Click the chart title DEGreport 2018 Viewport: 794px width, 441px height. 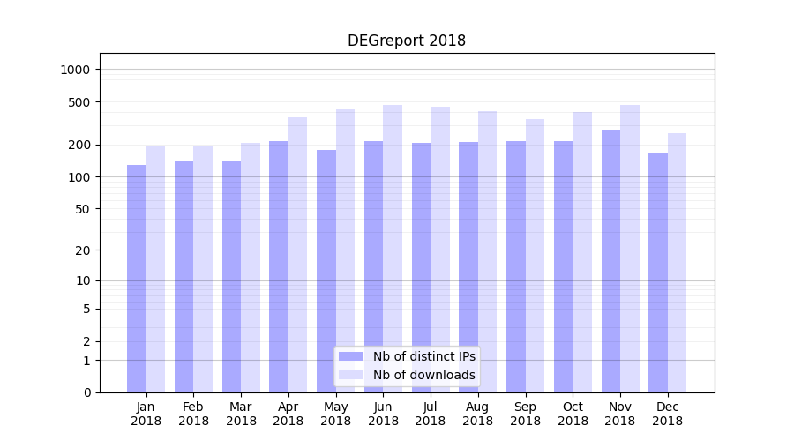(406, 41)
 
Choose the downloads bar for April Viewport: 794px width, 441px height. (297, 255)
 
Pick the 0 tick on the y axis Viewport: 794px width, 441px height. (87, 392)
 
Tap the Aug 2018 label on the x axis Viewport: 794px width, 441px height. (477, 414)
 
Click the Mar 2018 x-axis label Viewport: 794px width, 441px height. (241, 414)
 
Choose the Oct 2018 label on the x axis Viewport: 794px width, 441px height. (573, 414)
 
